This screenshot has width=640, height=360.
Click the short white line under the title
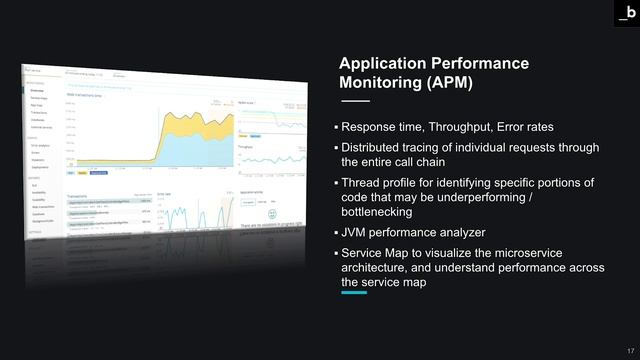(x=355, y=102)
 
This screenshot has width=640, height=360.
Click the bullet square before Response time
(x=336, y=129)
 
